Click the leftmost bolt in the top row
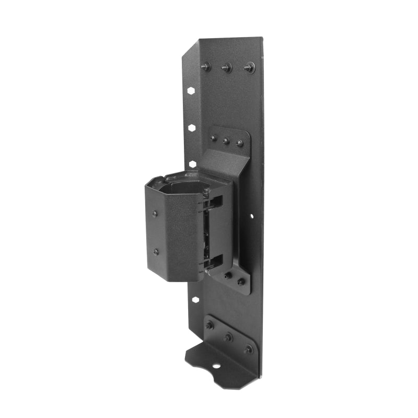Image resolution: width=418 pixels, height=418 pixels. pyautogui.click(x=205, y=66)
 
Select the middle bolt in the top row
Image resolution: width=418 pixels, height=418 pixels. pyautogui.click(x=227, y=67)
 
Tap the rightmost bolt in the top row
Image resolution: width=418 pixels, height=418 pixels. pyautogui.click(x=249, y=67)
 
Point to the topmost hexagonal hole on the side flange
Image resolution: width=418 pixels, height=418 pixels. pyautogui.click(x=191, y=90)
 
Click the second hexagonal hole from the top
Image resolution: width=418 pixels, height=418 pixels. pyautogui.click(x=192, y=127)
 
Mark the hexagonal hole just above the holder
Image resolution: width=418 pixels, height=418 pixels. pyautogui.click(x=192, y=164)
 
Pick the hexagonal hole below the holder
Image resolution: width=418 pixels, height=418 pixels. pyautogui.click(x=195, y=300)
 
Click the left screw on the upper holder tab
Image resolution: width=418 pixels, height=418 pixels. pyautogui.click(x=213, y=138)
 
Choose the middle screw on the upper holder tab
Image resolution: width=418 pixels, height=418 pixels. pyautogui.click(x=226, y=141)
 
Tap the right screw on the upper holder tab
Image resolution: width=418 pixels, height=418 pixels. pyautogui.click(x=240, y=143)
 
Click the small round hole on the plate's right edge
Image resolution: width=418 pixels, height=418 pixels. pyautogui.click(x=251, y=215)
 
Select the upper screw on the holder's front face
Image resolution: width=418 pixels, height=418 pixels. pyautogui.click(x=155, y=214)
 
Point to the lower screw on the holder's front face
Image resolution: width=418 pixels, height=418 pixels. pyautogui.click(x=156, y=252)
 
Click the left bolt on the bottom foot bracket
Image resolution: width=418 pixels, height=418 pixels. pyautogui.click(x=210, y=325)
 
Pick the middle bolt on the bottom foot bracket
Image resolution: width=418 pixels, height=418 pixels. pyautogui.click(x=228, y=337)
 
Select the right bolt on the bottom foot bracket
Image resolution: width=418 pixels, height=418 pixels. pyautogui.click(x=248, y=349)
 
